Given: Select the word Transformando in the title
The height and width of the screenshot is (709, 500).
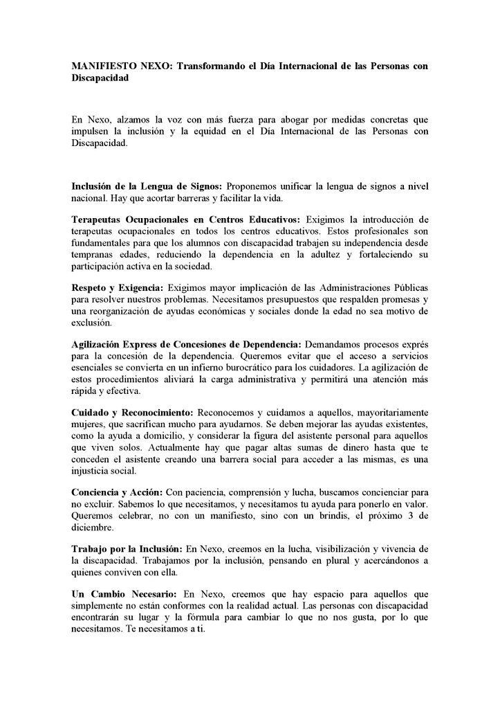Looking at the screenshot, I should pyautogui.click(x=210, y=66).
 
